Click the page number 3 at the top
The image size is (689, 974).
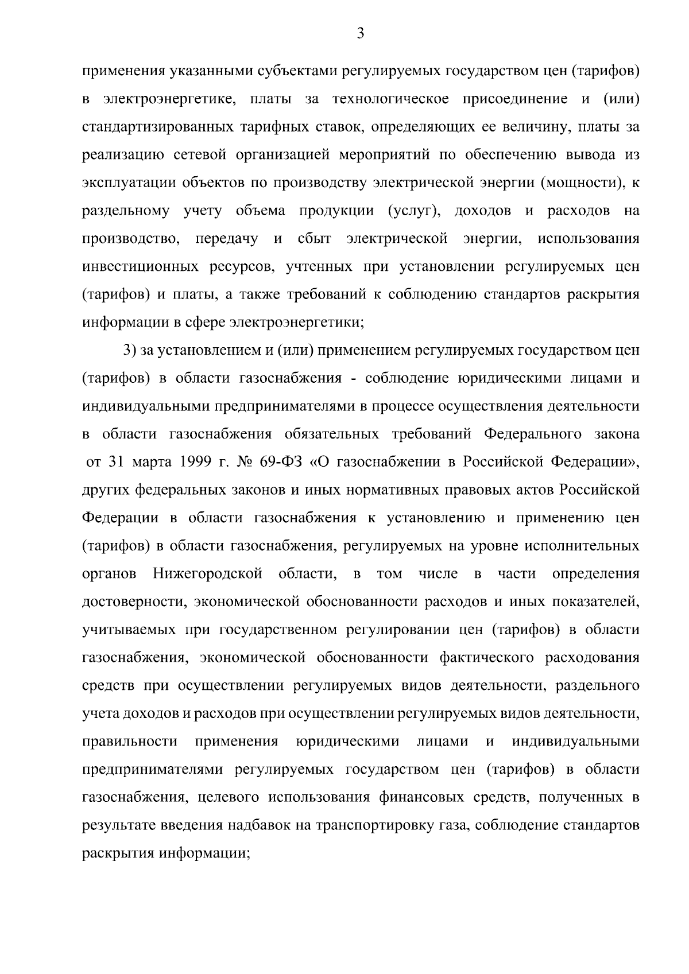click(361, 34)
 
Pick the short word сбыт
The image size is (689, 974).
click(314, 239)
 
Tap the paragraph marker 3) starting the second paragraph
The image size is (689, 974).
click(129, 351)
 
